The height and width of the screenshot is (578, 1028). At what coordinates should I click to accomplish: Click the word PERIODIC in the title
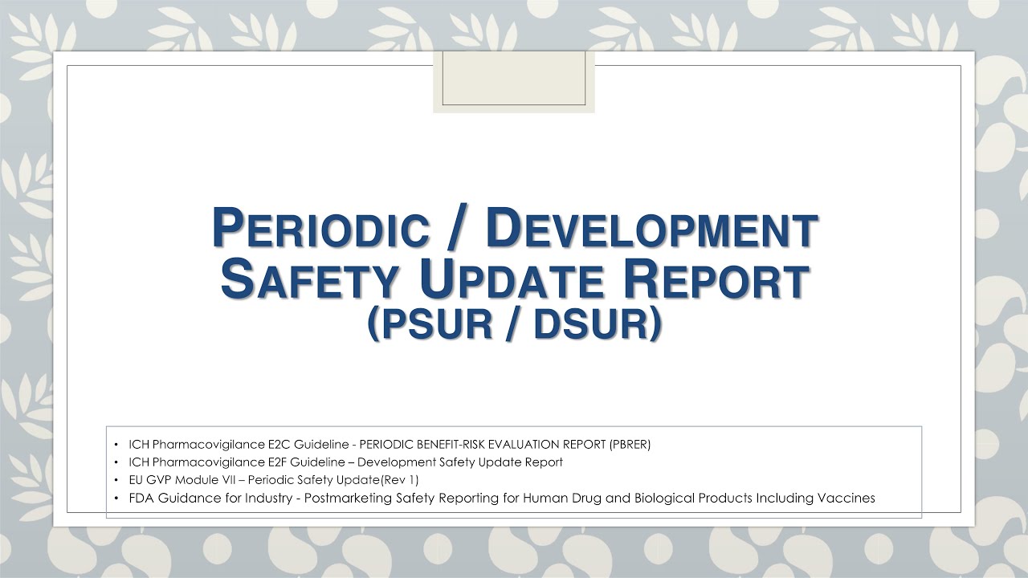320,230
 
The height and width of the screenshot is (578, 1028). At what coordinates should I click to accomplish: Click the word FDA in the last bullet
139,498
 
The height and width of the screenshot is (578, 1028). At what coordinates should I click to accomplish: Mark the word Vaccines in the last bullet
846,498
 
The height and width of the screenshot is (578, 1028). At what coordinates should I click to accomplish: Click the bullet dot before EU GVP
116,480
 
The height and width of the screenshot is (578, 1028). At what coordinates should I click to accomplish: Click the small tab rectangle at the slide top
514,78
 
